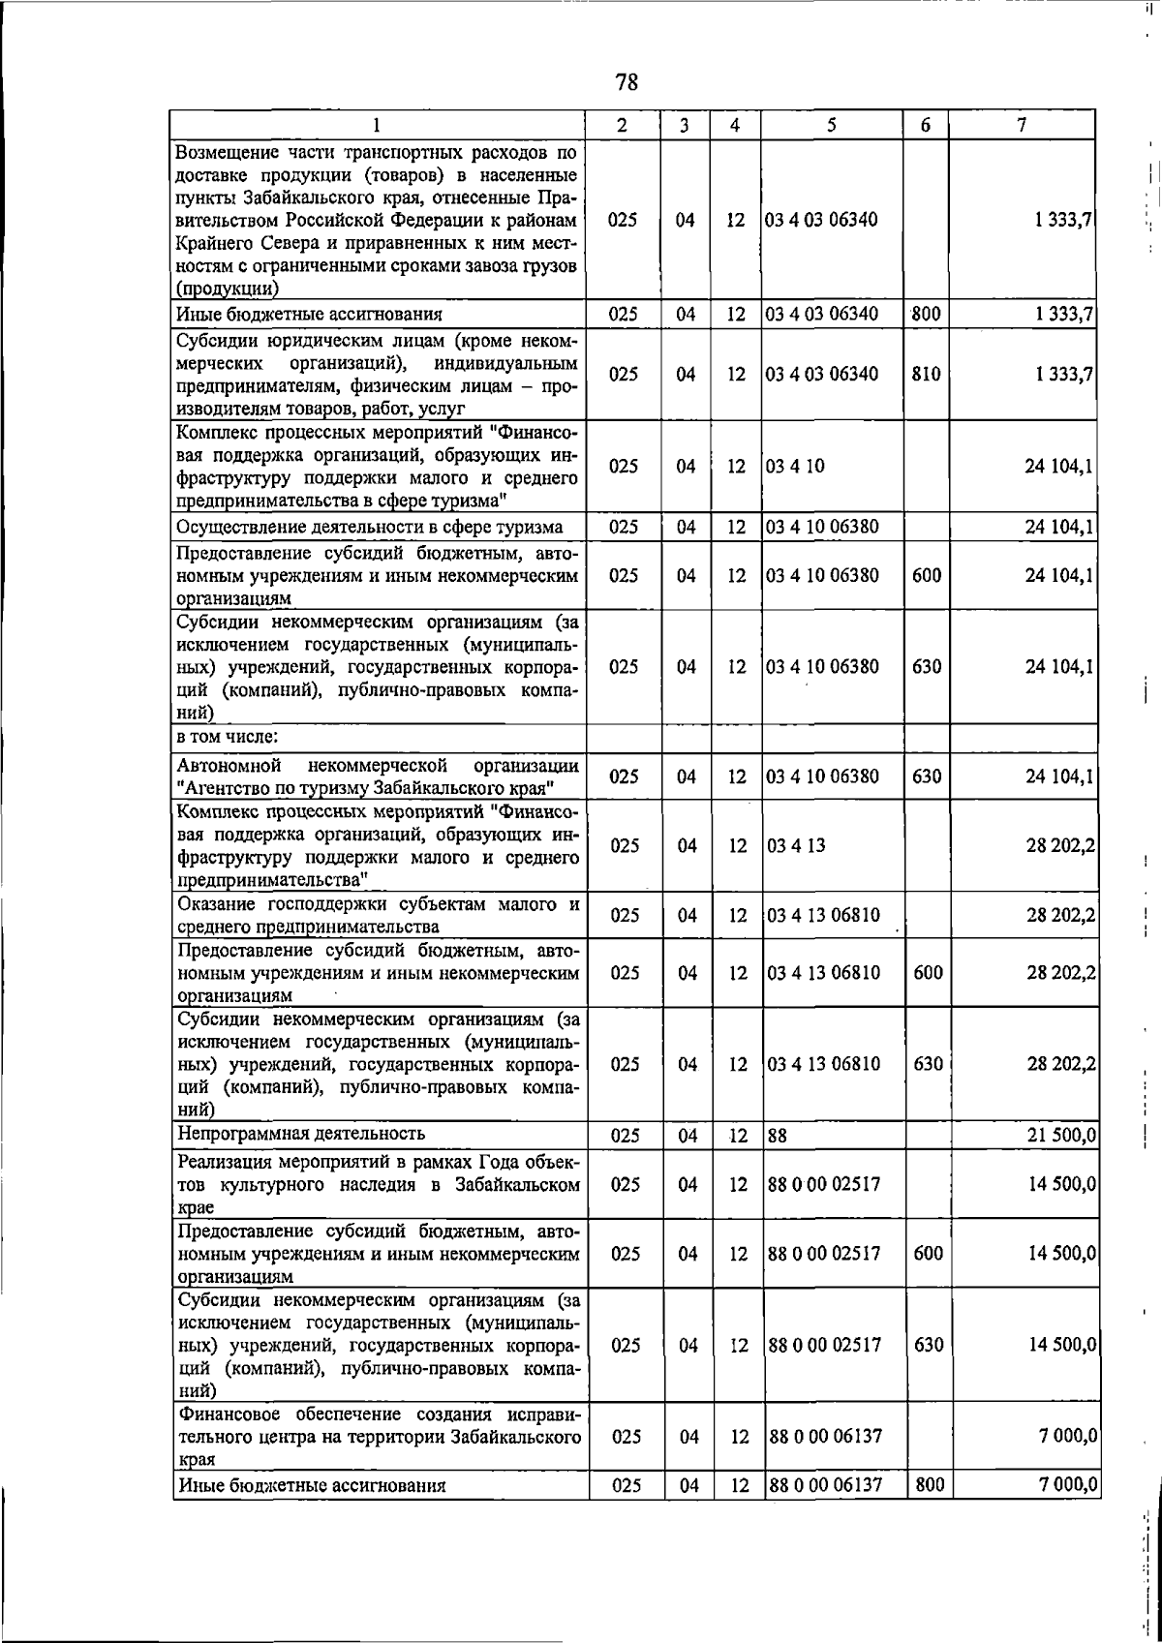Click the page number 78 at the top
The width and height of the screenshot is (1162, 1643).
[x=627, y=82]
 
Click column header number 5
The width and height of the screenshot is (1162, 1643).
[x=832, y=125]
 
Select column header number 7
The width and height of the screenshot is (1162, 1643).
[x=1022, y=125]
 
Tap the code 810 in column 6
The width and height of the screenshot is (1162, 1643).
[x=926, y=374]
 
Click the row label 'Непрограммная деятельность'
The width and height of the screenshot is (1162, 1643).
[x=300, y=1133]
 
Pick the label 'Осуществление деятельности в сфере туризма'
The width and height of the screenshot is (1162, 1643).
[x=369, y=527]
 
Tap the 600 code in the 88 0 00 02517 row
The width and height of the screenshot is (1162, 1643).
[x=928, y=1253]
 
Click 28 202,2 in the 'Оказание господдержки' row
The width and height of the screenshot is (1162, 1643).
[x=1061, y=915]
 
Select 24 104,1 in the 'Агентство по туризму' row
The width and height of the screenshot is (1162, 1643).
[x=1060, y=776]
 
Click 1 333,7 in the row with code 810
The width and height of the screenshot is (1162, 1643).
[x=1063, y=374]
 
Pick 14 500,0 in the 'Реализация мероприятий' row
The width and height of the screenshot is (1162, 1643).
[x=1061, y=1184]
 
